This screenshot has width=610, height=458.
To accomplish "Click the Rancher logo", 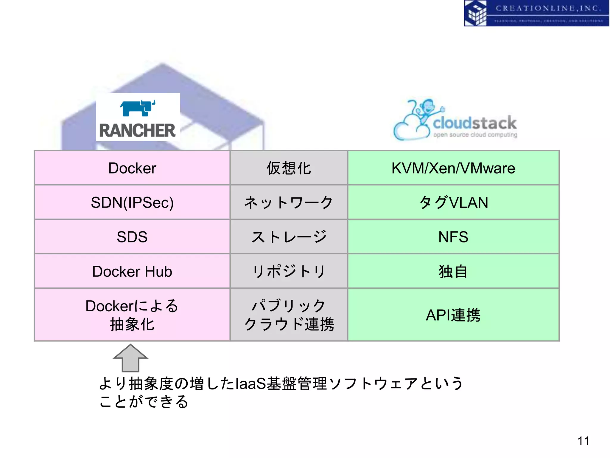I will coord(138,117).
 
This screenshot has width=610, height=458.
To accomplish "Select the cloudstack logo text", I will coord(474,123).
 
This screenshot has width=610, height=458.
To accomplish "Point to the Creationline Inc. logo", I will coord(536,13).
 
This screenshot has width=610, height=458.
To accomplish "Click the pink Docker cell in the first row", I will coord(132,168).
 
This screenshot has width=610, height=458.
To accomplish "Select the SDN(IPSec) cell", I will coord(132,202).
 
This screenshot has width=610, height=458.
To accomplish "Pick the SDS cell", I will coord(132,237).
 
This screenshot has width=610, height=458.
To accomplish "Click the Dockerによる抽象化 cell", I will coord(132,315).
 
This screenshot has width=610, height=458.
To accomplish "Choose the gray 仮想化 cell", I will coord(289,168).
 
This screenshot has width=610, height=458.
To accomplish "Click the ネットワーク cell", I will coord(289,202).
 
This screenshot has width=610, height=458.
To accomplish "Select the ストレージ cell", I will coord(289,237).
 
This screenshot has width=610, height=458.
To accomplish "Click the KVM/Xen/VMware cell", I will coord(453,168).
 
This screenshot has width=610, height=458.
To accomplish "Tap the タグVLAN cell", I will coord(453,202).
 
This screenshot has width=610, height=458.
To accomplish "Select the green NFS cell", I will coord(453,237).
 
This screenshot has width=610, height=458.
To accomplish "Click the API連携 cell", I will coord(453,315).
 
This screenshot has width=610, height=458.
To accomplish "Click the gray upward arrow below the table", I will coord(130,359).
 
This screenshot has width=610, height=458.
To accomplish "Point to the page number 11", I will coord(583,441).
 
